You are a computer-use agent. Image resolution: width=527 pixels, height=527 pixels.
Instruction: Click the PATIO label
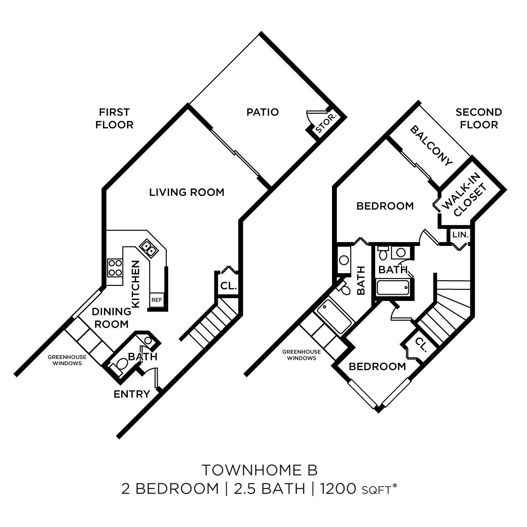pos(262,112)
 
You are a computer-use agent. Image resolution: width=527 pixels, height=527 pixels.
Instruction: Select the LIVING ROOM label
pos(187,192)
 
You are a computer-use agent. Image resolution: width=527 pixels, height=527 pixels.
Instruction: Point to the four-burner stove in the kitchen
pos(115,267)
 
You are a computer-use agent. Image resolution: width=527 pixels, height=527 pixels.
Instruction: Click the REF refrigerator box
pos(157,300)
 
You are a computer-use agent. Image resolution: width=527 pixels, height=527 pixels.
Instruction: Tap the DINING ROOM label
pos(111,318)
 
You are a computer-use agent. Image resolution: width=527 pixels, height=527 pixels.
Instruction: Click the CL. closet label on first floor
pos(228,286)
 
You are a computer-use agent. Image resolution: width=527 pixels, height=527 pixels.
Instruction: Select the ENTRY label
pos(132,394)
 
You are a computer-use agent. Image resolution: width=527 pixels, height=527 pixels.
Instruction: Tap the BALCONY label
pos(431,145)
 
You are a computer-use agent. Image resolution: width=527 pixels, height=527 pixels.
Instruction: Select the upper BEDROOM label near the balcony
pos(385,206)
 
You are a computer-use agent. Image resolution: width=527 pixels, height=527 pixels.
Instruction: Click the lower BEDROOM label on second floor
pos(377,366)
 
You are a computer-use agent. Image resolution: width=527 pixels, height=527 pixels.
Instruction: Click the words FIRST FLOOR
pos(114,119)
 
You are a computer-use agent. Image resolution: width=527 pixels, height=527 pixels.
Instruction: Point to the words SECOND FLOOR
pos(479,119)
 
